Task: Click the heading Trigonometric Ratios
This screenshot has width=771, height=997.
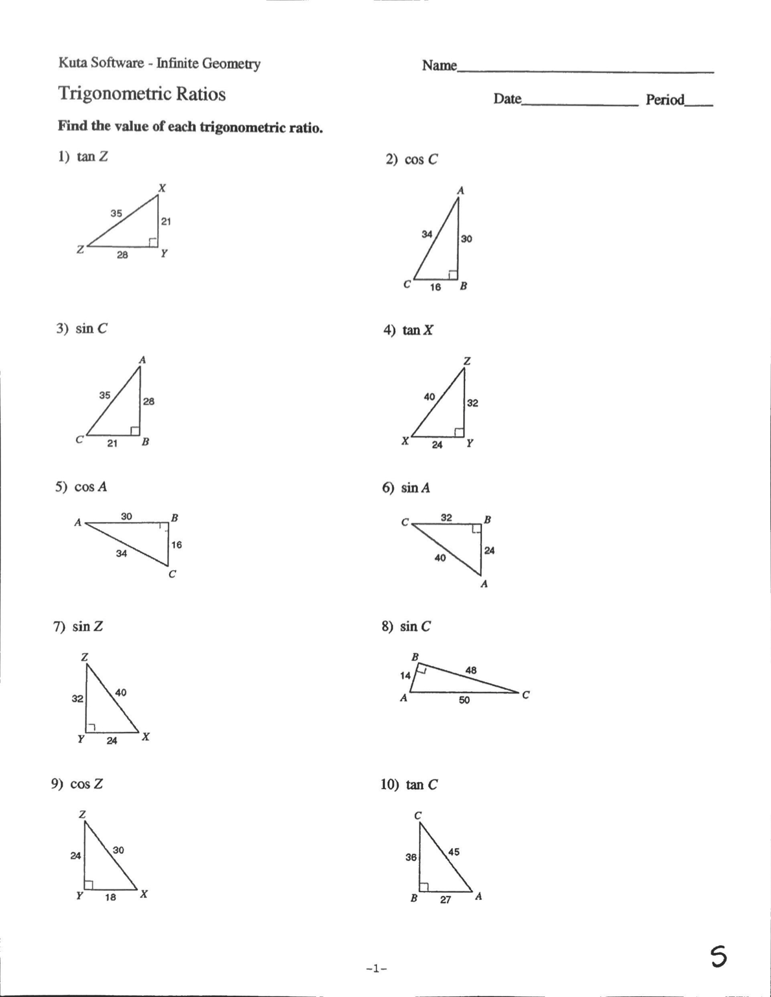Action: (x=142, y=94)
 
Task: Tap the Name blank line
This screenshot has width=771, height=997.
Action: (x=585, y=71)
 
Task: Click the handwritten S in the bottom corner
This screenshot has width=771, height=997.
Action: (x=718, y=956)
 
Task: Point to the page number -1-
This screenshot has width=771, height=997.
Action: (x=376, y=969)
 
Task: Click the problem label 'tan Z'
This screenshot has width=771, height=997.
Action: (x=91, y=157)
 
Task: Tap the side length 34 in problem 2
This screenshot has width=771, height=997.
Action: (x=427, y=234)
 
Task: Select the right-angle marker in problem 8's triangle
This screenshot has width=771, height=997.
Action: (x=420, y=669)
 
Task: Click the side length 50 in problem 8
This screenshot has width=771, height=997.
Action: (x=465, y=700)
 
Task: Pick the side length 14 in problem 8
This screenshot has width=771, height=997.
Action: (x=406, y=676)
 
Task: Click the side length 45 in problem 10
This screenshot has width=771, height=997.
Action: (x=454, y=852)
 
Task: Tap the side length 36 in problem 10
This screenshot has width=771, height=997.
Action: (x=411, y=857)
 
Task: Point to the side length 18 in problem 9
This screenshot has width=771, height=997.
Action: (x=111, y=897)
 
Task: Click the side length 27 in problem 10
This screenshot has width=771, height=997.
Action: (x=446, y=900)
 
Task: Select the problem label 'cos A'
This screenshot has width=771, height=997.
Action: (x=90, y=487)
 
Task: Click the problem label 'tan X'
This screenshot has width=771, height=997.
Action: (x=418, y=330)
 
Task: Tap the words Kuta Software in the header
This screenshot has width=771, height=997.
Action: (x=101, y=63)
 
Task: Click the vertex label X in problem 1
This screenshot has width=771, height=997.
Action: (x=162, y=188)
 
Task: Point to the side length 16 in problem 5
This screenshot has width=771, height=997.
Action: (x=176, y=545)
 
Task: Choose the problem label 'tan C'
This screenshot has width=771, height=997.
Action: (x=421, y=785)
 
